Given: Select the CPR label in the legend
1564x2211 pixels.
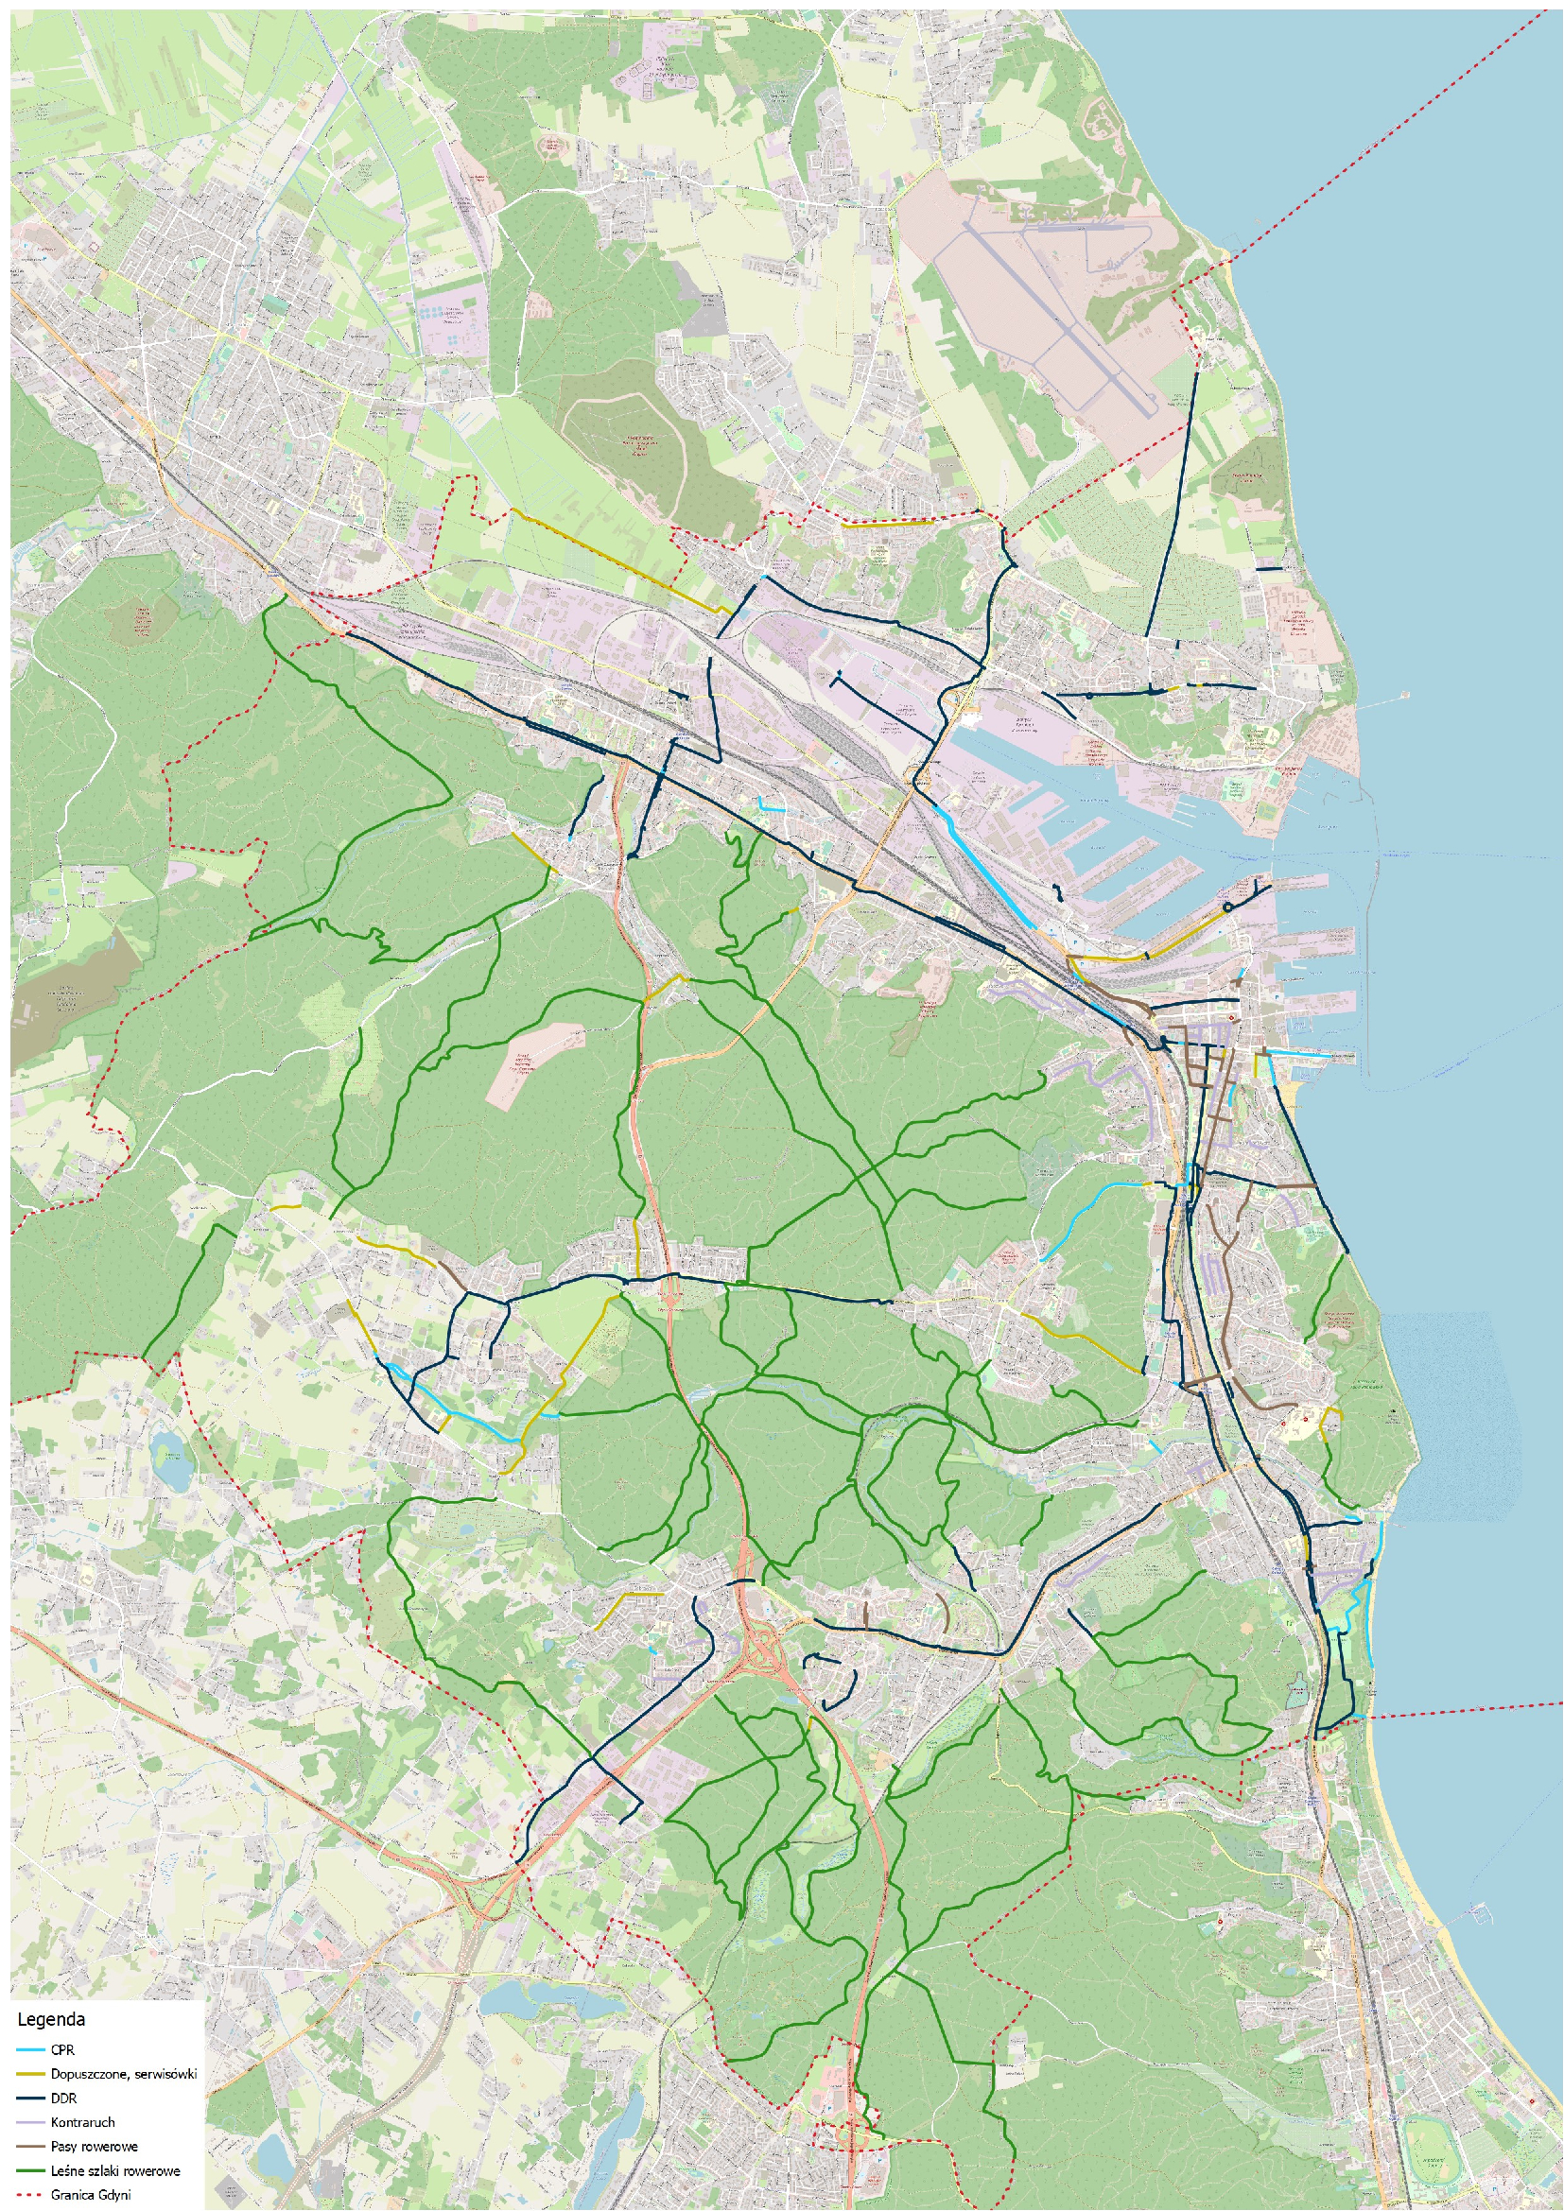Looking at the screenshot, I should (x=62, y=2050).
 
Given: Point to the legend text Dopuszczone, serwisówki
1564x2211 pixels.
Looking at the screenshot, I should (x=123, y=2073).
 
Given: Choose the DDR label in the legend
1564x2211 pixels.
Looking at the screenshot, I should (x=63, y=2098).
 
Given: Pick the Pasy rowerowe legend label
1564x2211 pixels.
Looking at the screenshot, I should (x=94, y=2146).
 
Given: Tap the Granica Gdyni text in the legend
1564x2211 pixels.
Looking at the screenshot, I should (x=91, y=2195).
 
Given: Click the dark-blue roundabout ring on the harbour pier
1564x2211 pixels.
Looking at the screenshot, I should (x=1228, y=907).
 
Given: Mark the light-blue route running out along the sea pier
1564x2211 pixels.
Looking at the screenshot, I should (x=1300, y=1056).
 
